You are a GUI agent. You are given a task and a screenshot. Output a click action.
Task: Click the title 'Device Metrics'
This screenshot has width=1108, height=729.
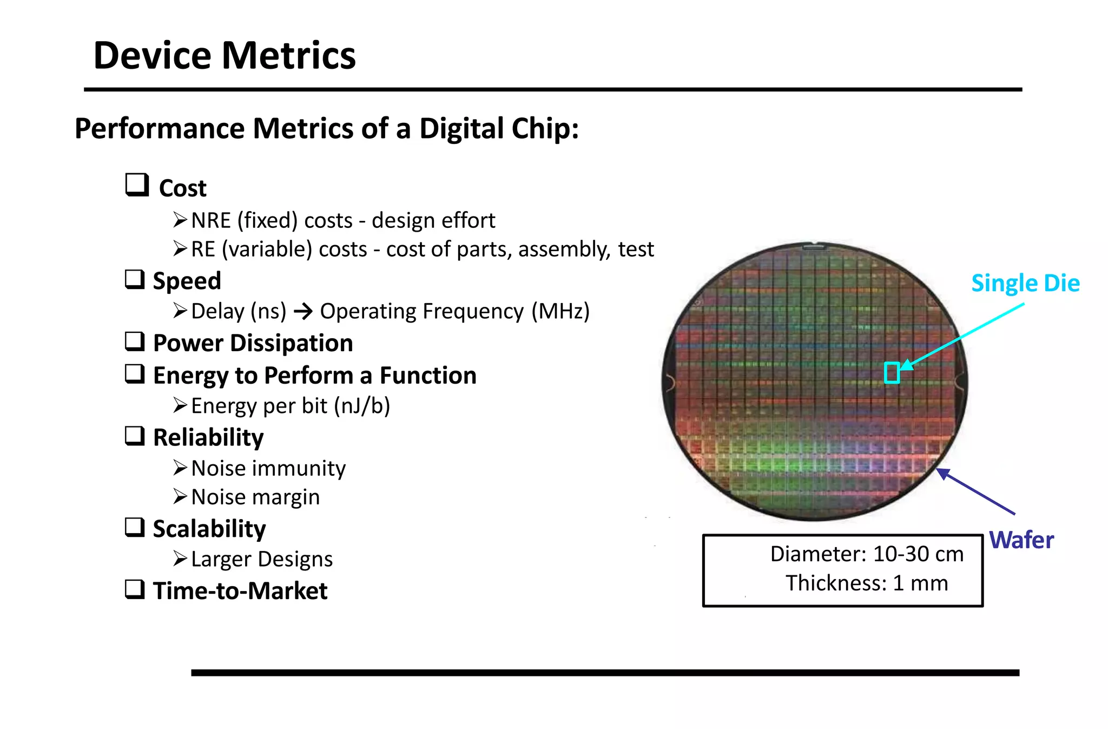(x=224, y=55)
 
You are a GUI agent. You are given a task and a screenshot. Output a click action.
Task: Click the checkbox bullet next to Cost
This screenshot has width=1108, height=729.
(x=137, y=185)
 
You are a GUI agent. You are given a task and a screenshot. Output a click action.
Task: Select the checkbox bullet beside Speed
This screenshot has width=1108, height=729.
(x=135, y=279)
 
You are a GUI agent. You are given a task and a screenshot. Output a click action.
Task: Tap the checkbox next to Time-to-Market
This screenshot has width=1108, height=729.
(x=135, y=589)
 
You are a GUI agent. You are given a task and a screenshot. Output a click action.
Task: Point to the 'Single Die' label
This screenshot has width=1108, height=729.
(x=1025, y=283)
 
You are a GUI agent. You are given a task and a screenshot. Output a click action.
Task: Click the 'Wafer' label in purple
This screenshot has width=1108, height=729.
(x=1021, y=540)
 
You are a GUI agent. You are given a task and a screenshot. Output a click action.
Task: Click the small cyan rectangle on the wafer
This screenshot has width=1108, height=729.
(x=892, y=373)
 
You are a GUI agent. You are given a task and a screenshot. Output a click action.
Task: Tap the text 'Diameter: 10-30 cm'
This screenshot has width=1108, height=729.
(x=867, y=554)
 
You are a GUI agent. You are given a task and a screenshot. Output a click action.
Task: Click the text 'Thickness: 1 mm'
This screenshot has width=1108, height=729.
(x=867, y=583)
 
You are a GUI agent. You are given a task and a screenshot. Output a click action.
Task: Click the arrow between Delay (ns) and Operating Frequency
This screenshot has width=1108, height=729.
(x=304, y=311)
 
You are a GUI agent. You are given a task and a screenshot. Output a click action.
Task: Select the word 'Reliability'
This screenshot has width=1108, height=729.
(x=208, y=437)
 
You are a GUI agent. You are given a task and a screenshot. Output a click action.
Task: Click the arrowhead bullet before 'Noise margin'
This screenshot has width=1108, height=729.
(x=180, y=496)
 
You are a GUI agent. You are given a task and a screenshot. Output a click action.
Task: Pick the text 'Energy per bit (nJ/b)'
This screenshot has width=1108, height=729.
(x=291, y=406)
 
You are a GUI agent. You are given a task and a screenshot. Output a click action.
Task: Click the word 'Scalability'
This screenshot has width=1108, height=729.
(x=209, y=529)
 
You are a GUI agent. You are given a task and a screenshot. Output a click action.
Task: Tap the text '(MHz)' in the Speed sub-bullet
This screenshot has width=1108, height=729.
(x=560, y=311)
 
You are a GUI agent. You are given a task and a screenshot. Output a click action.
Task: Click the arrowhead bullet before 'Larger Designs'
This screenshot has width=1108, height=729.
(x=180, y=559)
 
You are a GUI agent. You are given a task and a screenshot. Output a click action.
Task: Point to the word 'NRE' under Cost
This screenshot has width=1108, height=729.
(x=211, y=221)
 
